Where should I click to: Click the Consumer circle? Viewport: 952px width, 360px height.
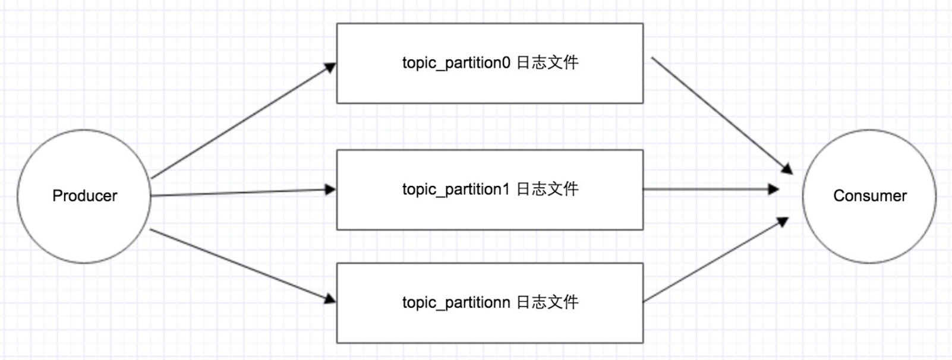point(869,229)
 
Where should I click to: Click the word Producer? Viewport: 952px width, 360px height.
point(84,195)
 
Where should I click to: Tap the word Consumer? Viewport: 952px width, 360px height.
point(869,195)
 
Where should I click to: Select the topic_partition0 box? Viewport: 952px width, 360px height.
point(489,86)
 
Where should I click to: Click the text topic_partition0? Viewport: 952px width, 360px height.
point(456,63)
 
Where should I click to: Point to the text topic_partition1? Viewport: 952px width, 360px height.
point(456,190)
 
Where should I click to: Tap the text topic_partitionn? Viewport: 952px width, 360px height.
point(456,302)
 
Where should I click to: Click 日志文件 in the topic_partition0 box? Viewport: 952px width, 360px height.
point(547,62)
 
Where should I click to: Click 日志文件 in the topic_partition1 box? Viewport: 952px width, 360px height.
point(547,189)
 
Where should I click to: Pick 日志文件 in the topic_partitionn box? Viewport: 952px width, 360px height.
point(547,302)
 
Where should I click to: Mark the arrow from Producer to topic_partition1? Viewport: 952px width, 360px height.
point(241,192)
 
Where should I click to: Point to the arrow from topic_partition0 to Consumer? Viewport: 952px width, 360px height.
point(720,114)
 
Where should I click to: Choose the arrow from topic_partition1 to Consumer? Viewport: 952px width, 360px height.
point(710,190)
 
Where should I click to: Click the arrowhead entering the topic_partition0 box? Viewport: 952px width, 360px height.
point(330,68)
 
